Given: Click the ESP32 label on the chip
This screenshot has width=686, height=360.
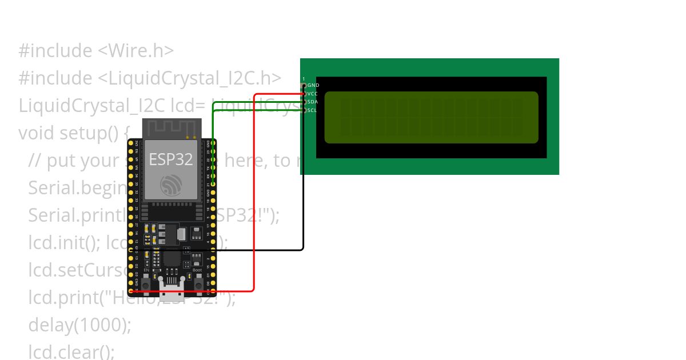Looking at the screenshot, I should pos(171,159).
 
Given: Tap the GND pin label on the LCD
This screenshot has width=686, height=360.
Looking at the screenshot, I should pos(313,85).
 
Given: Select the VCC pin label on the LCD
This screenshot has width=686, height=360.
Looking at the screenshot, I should pos(312,93).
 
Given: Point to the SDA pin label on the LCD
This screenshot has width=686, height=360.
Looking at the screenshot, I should pos(312,102).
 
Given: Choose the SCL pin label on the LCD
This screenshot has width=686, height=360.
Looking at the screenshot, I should pos(312,110).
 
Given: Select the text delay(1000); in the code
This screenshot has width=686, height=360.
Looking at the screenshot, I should pos(80,325).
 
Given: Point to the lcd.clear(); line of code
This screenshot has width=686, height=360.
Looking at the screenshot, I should pos(72,351).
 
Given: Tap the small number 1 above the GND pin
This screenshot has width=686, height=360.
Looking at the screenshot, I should pos(304,79).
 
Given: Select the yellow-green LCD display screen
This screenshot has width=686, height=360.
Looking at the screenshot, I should pos(432,117).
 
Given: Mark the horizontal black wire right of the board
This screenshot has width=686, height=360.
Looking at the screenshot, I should pos(257,250).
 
